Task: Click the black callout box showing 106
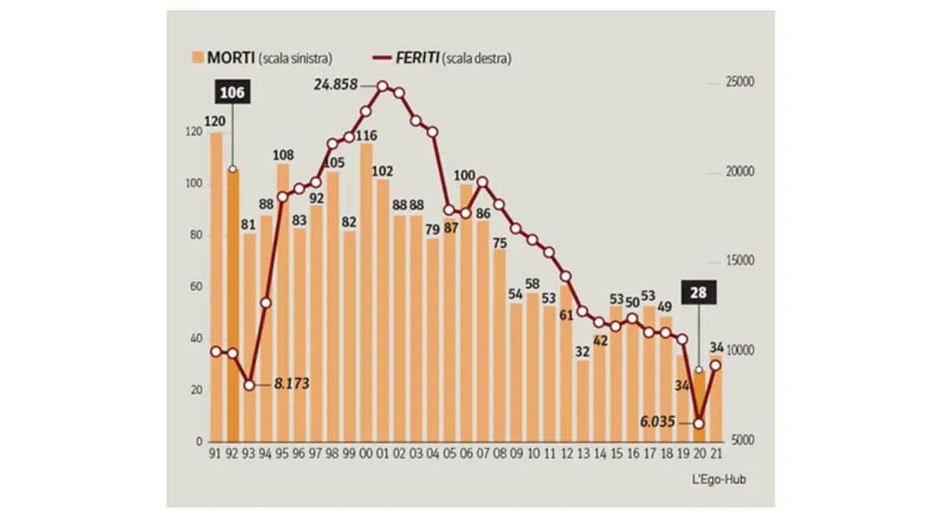(232, 93)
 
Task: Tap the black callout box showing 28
(698, 293)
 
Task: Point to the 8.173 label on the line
(291, 384)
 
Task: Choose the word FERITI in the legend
(415, 57)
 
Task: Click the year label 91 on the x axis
(215, 454)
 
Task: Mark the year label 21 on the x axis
(716, 454)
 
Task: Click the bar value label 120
(215, 122)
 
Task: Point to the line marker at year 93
(249, 385)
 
